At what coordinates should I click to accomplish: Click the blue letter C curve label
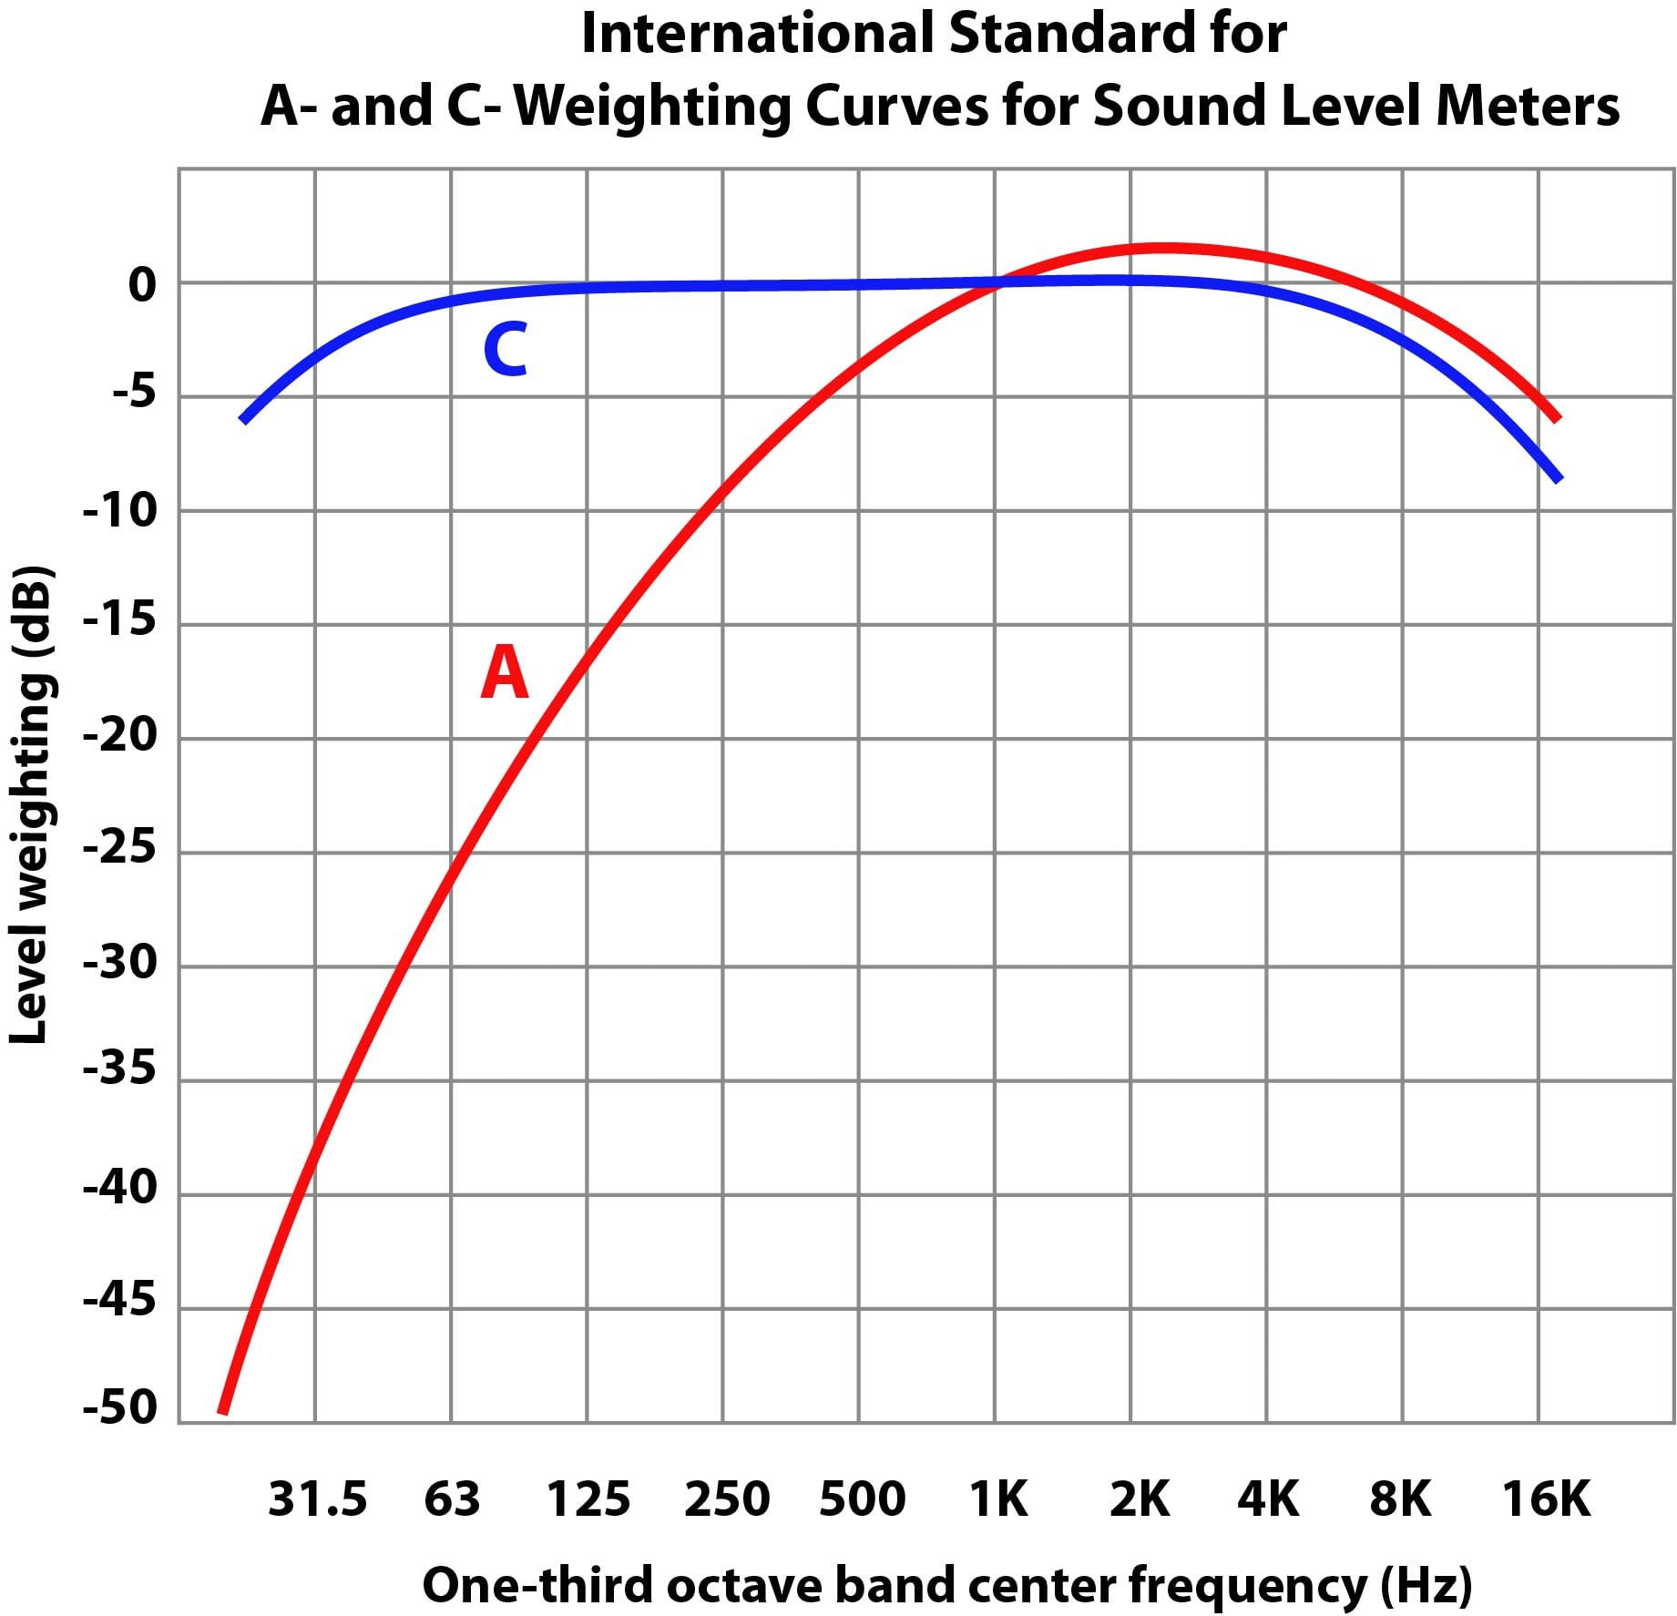pos(505,350)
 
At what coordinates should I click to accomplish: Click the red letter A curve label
pos(504,672)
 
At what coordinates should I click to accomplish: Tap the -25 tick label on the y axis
pos(120,849)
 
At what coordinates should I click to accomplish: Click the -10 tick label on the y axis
pos(120,511)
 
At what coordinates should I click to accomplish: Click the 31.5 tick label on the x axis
pos(317,1499)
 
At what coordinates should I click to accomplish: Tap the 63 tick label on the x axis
pos(452,1499)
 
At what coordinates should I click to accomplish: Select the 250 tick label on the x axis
pos(726,1499)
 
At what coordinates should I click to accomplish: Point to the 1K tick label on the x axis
pos(997,1499)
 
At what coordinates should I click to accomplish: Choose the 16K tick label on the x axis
pos(1545,1499)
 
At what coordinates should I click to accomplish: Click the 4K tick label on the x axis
pos(1267,1499)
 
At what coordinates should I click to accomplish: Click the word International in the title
pos(757,35)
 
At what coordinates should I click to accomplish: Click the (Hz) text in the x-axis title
pos(1426,1586)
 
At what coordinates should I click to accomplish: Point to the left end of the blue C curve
pos(243,420)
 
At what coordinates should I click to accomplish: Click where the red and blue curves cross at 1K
pos(996,283)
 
